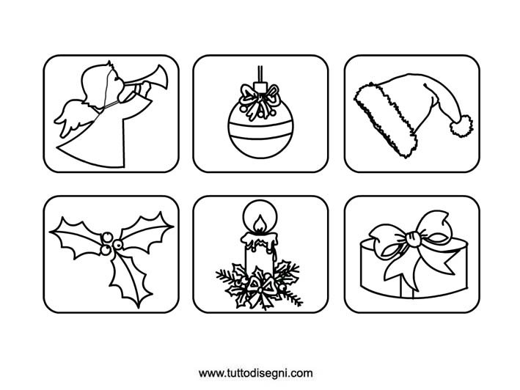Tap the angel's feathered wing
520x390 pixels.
(x=75, y=117)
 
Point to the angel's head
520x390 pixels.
(x=100, y=84)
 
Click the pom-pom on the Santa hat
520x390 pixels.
(x=461, y=125)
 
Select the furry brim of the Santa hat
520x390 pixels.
(x=385, y=119)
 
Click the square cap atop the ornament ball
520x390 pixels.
(x=260, y=87)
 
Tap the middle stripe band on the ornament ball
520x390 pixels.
(x=260, y=130)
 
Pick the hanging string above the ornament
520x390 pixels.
(x=260, y=73)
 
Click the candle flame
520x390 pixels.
(x=260, y=223)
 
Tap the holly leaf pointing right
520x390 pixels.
(x=146, y=231)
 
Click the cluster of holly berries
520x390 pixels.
(x=109, y=243)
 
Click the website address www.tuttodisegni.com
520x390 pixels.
(x=256, y=373)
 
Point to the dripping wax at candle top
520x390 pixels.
(x=260, y=241)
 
